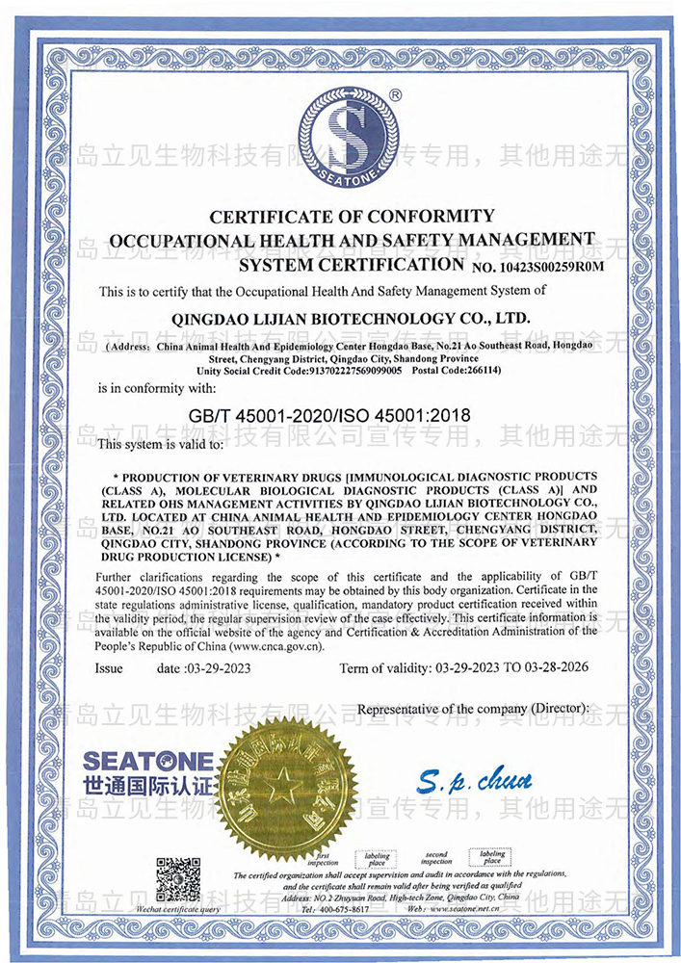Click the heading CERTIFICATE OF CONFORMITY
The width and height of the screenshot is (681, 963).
point(351,216)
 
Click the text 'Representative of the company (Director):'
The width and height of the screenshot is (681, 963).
point(473,709)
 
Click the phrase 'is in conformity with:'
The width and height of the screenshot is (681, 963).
point(158,388)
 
